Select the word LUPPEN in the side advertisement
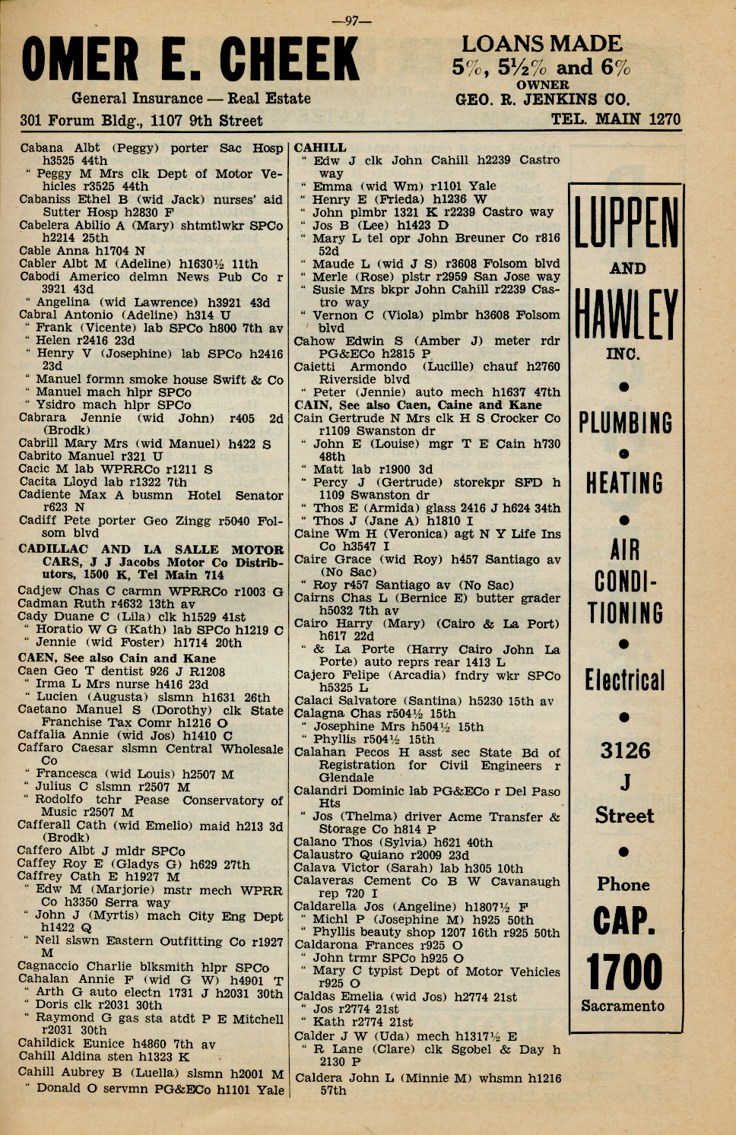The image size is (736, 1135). (625, 223)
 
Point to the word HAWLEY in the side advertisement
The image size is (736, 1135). (625, 314)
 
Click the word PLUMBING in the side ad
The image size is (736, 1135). (625, 423)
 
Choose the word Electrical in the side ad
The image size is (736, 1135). (625, 680)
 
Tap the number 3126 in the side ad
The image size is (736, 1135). (625, 750)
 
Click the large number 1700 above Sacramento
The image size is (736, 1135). (625, 972)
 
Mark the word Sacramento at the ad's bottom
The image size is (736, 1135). (623, 1006)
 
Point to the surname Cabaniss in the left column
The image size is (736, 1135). (45, 199)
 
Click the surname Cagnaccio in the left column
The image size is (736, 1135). (49, 967)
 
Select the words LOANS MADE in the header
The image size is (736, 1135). (541, 43)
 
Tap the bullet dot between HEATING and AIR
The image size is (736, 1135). (624, 521)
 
